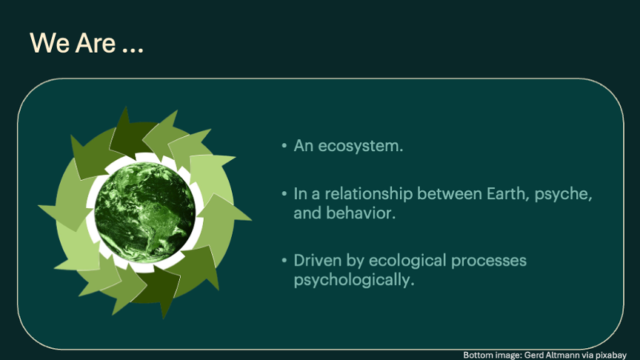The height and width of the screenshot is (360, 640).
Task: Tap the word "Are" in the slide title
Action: click(x=95, y=43)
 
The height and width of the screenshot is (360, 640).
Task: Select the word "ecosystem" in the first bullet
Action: click(x=361, y=146)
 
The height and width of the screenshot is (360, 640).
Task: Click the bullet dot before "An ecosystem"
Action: click(x=284, y=146)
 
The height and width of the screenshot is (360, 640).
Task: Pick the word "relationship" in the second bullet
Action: click(x=369, y=194)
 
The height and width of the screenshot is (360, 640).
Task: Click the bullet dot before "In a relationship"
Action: click(x=284, y=194)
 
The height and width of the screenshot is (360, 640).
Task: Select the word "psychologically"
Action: click(x=354, y=280)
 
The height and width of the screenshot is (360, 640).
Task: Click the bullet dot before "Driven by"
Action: click(x=284, y=260)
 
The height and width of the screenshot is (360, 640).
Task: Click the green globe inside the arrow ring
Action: click(x=145, y=212)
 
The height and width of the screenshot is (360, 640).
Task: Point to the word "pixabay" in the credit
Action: click(x=610, y=355)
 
